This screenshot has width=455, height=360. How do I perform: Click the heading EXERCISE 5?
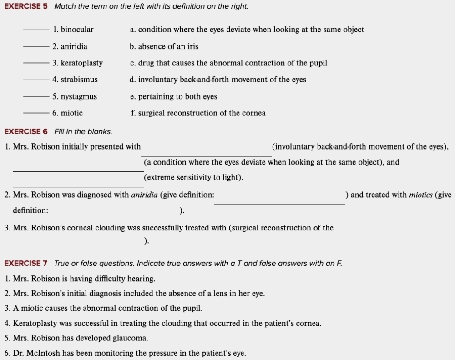point(25,7)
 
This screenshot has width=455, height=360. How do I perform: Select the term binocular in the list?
point(77,30)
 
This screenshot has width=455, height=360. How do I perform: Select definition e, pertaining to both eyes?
point(173,97)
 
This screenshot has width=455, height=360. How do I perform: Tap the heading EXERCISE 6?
point(25,131)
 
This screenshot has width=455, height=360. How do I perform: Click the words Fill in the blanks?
point(83,131)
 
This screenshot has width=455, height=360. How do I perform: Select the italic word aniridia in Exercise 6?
point(144,195)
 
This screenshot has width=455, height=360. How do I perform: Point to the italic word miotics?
point(420,195)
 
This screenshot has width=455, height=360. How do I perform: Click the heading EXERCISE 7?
point(25,263)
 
